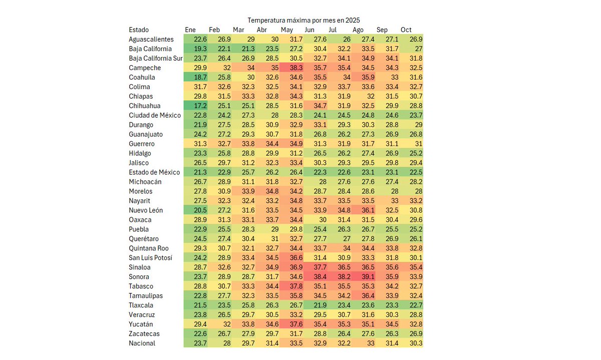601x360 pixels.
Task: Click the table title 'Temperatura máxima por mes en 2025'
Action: tap(304, 20)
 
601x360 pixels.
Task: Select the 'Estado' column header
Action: tap(139, 30)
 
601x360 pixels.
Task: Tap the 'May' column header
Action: tap(286, 30)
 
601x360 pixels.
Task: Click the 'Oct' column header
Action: tap(406, 30)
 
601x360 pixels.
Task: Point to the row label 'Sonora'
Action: tap(139, 276)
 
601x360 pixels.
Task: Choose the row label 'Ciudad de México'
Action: tap(154, 115)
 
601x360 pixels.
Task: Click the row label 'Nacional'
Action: tap(142, 343)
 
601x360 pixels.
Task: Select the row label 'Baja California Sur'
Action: tap(156, 58)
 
